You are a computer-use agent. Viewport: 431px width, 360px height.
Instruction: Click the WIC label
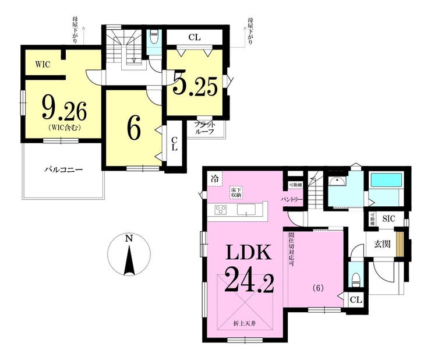[42, 65]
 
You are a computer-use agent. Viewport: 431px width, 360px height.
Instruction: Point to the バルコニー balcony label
[63, 170]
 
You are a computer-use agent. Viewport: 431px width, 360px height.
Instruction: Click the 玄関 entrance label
[381, 243]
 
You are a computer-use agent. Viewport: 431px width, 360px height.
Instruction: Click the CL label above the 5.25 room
[195, 37]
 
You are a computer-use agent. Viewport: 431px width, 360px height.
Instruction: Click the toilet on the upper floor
[154, 39]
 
